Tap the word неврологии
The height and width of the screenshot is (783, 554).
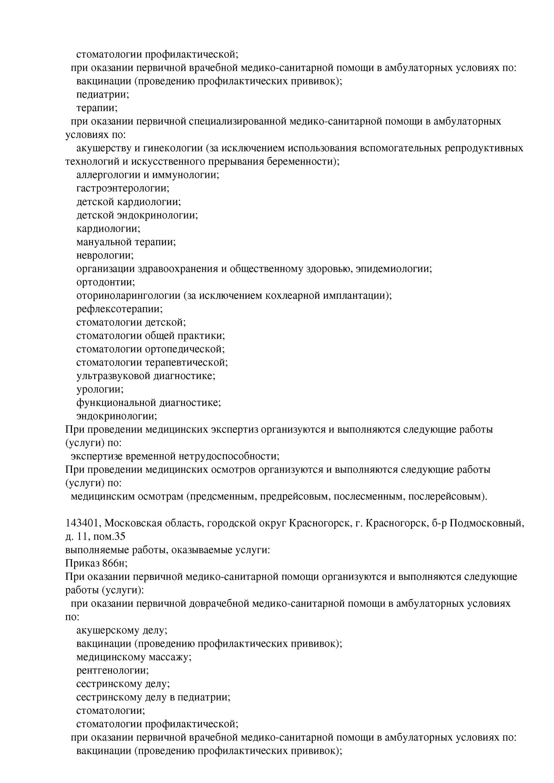(105, 255)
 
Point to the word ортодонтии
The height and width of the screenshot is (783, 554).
(105, 282)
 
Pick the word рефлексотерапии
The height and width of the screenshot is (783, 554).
(119, 309)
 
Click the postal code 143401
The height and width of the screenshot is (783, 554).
(83, 523)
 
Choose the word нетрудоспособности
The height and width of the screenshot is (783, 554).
(229, 457)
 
